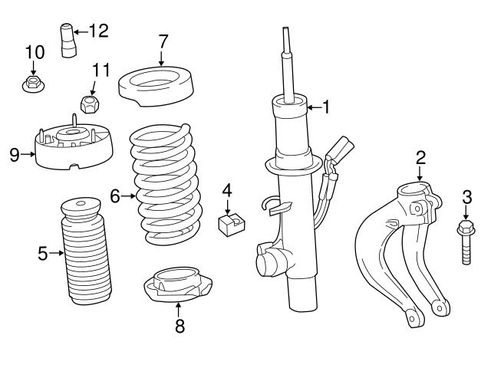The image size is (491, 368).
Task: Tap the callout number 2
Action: pos(420,158)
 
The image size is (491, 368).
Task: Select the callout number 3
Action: pos(466,197)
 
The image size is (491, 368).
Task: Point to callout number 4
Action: pos(227,189)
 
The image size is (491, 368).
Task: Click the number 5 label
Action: pos(43,252)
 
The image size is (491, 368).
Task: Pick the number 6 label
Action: pos(115,196)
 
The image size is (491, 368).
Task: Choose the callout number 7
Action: pos(162,40)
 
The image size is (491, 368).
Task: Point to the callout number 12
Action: pos(99,31)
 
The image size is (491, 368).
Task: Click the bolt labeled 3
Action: pos(466,243)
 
